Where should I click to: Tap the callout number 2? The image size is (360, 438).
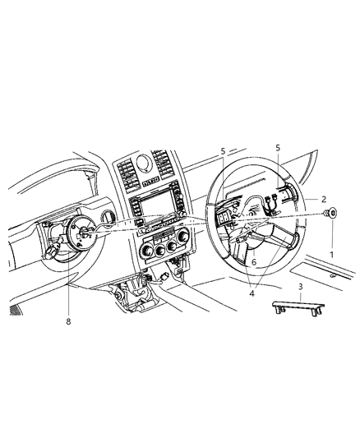tap(324, 199)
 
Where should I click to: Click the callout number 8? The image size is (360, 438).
tap(68, 321)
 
